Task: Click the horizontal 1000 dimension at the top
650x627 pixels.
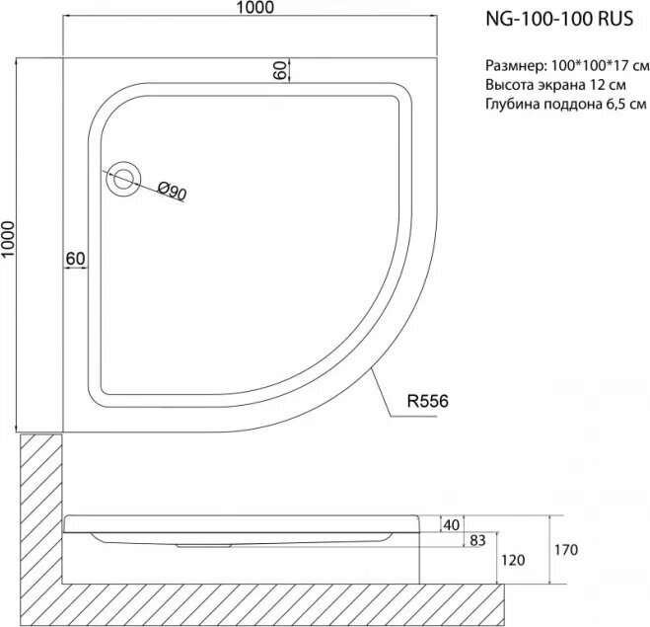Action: [253, 9]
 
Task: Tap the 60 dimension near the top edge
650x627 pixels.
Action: [279, 70]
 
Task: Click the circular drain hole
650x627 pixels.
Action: [123, 180]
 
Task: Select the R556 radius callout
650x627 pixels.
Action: [428, 401]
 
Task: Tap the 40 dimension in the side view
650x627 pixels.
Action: [453, 524]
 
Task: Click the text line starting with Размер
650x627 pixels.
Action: [567, 66]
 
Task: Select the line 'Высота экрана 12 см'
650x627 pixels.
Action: [554, 85]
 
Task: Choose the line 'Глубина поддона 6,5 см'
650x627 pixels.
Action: [565, 104]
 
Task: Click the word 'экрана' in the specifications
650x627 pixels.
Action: [560, 85]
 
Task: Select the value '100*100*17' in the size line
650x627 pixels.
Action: [589, 66]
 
